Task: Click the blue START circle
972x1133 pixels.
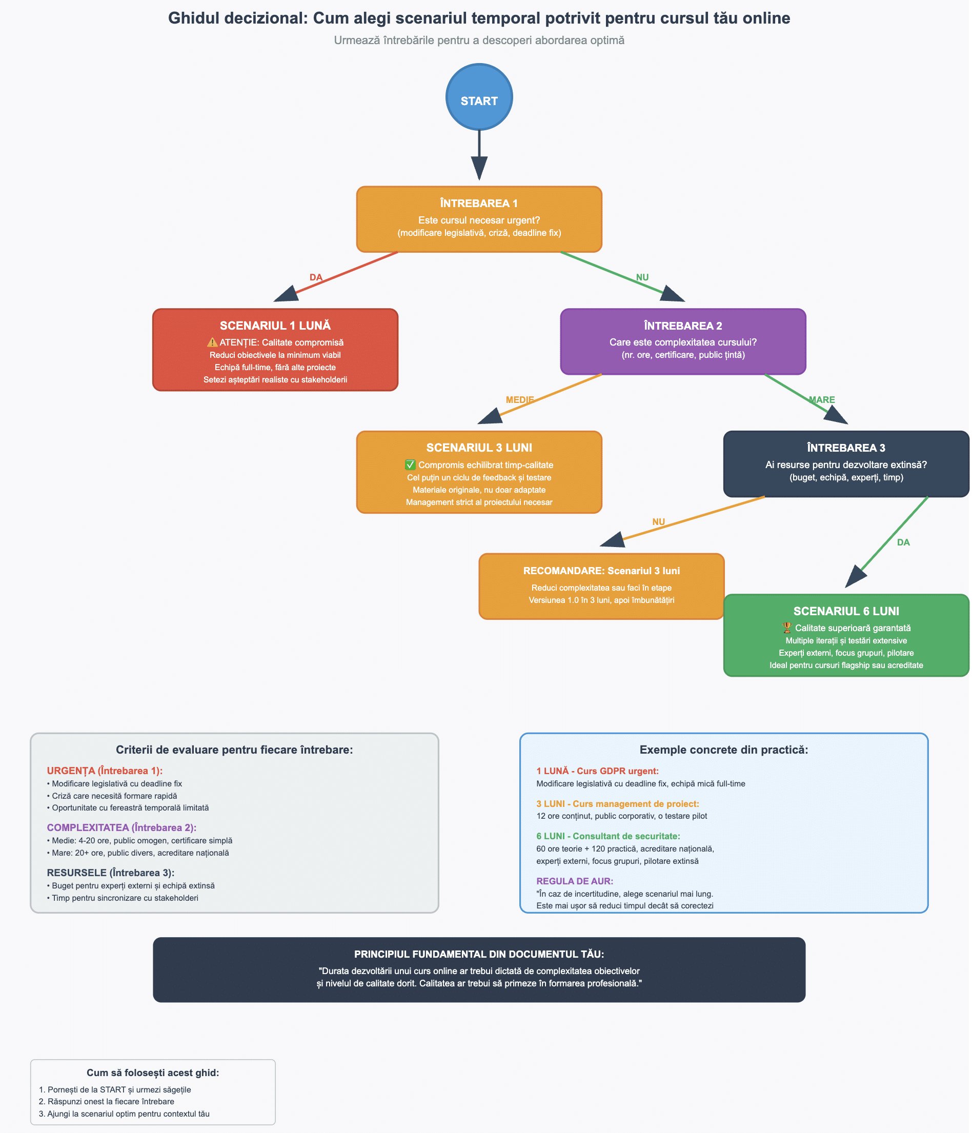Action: (479, 97)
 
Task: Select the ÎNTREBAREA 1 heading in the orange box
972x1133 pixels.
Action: (479, 204)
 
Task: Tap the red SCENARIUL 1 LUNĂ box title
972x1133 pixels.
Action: (275, 326)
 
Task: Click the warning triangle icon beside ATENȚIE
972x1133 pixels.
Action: (212, 342)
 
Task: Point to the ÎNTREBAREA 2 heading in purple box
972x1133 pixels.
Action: (683, 326)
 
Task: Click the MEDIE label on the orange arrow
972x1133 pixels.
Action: (519, 400)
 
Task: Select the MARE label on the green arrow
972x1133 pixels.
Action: (822, 400)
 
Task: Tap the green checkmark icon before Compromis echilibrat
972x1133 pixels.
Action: (410, 465)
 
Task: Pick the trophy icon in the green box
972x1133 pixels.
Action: (787, 628)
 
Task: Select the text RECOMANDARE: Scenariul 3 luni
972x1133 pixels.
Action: (601, 571)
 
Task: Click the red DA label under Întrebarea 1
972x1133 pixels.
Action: (316, 277)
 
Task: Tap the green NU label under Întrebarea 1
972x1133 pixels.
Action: (642, 277)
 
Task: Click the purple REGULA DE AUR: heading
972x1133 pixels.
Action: (575, 881)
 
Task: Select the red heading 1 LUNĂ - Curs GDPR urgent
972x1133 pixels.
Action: (598, 771)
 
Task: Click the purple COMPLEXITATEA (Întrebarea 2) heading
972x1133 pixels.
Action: (121, 827)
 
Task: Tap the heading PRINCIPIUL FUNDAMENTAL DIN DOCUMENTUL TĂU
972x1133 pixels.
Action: (479, 954)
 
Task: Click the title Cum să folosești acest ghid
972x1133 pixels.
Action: (153, 1073)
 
